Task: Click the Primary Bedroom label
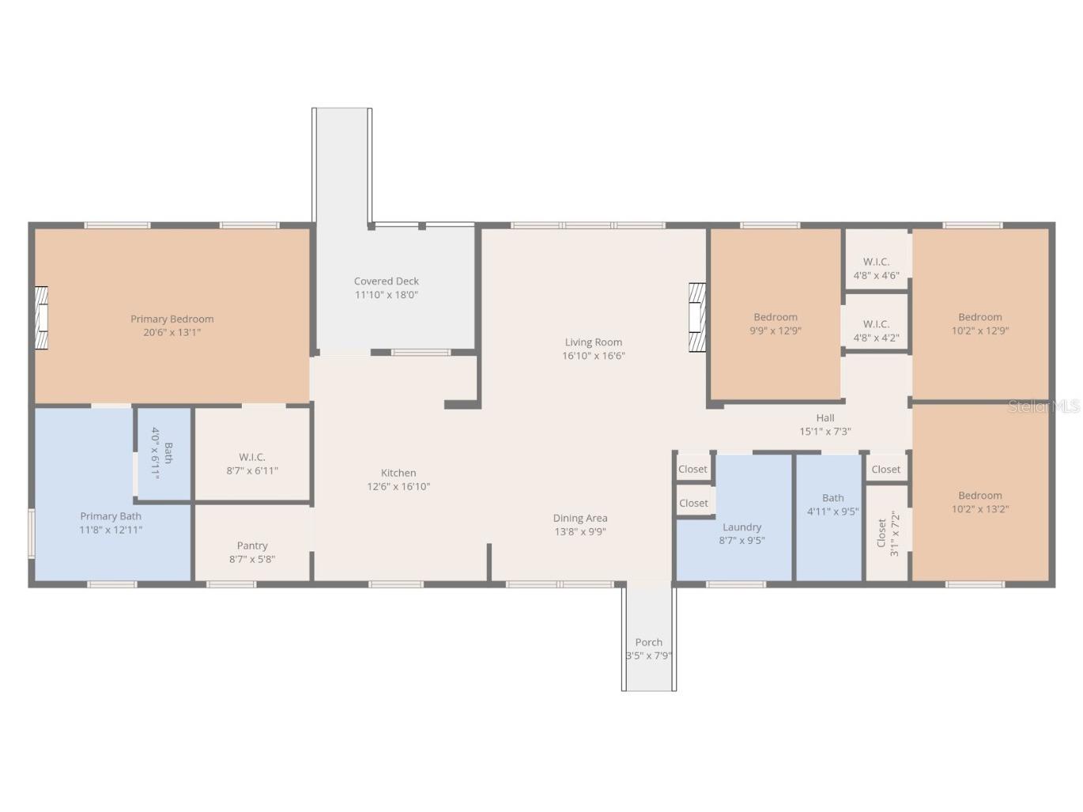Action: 172,319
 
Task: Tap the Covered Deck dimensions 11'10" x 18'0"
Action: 387,295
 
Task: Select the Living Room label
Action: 594,342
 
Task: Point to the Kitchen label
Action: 398,473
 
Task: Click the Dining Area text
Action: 580,518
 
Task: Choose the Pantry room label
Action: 252,546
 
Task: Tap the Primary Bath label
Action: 111,516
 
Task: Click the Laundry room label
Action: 741,527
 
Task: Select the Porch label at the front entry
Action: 649,642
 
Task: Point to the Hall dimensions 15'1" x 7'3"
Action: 825,432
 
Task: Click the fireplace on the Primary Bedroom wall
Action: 41,318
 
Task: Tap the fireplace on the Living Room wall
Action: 697,317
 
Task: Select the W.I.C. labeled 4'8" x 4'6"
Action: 876,268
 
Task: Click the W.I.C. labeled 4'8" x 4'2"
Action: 876,331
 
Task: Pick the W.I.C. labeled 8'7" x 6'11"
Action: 252,464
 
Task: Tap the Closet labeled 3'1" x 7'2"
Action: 888,534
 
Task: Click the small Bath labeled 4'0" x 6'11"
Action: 162,453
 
